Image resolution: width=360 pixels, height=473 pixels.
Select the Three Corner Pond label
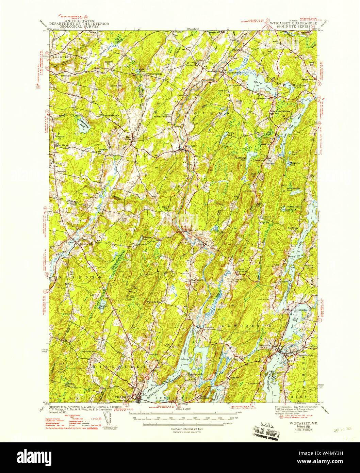click(290, 86)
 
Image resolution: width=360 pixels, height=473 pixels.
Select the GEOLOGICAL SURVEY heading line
click(79, 27)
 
